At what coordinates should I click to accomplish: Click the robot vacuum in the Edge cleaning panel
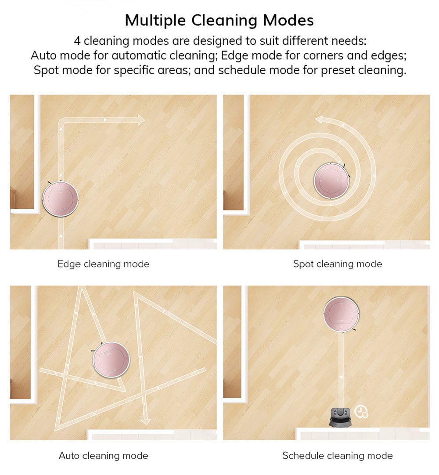point(60,199)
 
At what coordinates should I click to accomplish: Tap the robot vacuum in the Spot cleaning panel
point(331,181)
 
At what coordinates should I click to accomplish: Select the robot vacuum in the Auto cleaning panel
point(111,360)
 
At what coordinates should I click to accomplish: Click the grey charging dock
point(341,417)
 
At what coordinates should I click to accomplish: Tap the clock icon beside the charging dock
point(361,411)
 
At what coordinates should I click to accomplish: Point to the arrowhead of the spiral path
point(320,120)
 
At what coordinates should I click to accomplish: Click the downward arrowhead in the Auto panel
point(146,421)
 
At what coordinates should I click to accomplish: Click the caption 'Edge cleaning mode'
point(104,264)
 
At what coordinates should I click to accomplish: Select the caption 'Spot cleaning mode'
point(337,264)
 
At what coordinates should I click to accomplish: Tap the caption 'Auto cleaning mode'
point(104,456)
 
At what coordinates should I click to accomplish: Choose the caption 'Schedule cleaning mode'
point(337,456)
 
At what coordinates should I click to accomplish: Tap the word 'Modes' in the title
point(288,20)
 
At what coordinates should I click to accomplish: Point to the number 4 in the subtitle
point(77,40)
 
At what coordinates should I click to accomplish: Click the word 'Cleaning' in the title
point(224,21)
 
